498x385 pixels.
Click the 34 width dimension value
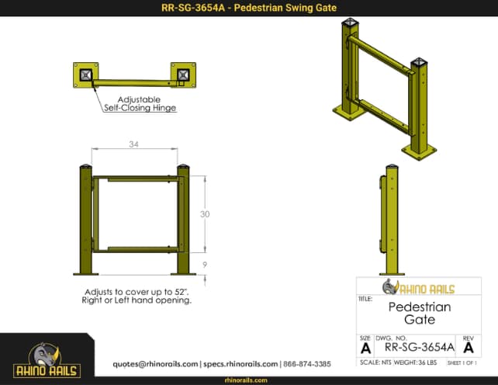[x=134, y=144]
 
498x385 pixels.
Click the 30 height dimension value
[x=204, y=215]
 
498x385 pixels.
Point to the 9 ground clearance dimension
[x=204, y=264]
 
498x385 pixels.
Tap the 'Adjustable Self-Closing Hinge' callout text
[x=140, y=104]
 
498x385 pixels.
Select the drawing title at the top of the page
[x=248, y=9]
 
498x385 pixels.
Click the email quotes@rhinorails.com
[x=155, y=363]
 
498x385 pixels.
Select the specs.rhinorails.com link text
[x=240, y=363]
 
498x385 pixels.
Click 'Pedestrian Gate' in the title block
[x=419, y=313]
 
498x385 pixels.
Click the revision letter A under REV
[x=468, y=348]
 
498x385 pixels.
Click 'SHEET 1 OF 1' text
[x=462, y=362]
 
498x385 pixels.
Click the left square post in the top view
[x=85, y=75]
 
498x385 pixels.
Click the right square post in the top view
[x=183, y=75]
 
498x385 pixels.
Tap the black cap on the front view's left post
[x=85, y=167]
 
